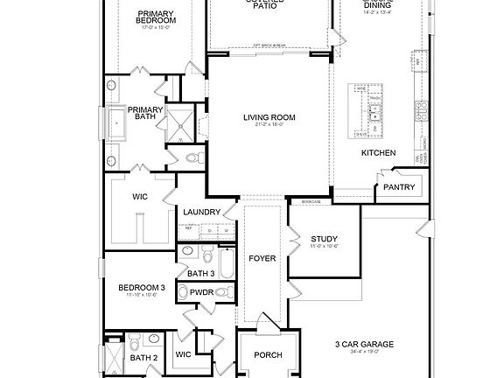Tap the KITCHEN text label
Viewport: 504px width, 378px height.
tap(378, 153)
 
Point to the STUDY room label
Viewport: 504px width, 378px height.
tap(324, 239)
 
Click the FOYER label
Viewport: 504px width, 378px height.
tap(262, 259)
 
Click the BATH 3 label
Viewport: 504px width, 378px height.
tap(201, 274)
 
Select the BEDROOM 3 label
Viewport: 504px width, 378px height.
tap(142, 287)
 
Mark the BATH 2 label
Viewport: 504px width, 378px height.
tap(143, 357)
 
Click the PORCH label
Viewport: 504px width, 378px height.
tap(267, 355)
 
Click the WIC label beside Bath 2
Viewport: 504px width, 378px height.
tap(183, 354)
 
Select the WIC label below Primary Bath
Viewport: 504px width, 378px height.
tap(139, 198)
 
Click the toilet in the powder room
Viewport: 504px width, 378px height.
tap(222, 291)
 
